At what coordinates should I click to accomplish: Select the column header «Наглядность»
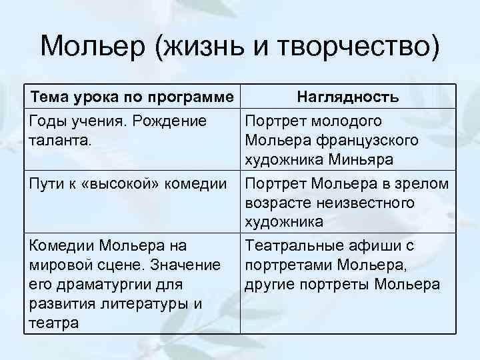point(348,97)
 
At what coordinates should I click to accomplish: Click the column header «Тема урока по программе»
point(131,97)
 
